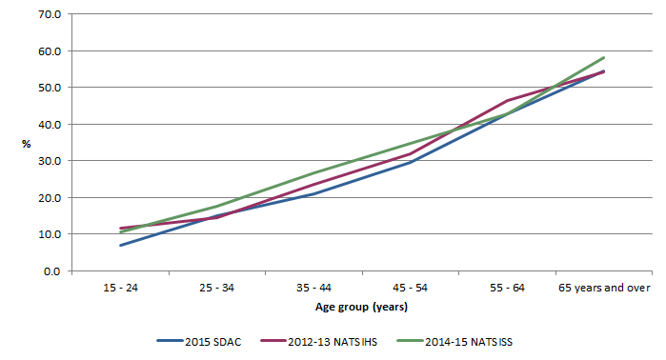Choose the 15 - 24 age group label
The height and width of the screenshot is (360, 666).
click(x=120, y=287)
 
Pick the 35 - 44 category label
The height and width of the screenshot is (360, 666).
click(x=313, y=287)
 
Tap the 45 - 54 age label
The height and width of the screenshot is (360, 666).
click(x=410, y=287)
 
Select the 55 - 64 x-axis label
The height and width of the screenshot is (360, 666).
click(x=507, y=287)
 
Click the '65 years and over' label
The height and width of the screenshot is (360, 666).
click(x=603, y=287)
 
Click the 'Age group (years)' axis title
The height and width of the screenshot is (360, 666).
click(x=361, y=307)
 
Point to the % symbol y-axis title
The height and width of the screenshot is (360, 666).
click(x=27, y=143)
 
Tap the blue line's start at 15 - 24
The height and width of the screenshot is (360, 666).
click(x=120, y=246)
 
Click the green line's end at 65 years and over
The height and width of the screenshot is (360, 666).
click(x=604, y=57)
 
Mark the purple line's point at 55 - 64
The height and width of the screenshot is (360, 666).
click(x=507, y=100)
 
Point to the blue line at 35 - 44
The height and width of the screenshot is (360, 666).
click(x=313, y=193)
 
